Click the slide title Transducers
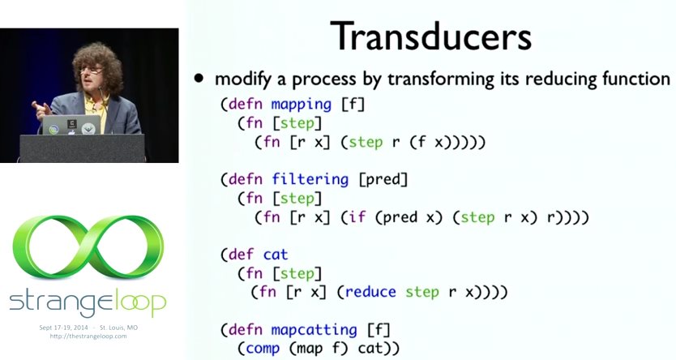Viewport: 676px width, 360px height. pos(430,36)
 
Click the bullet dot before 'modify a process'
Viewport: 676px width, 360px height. pos(199,79)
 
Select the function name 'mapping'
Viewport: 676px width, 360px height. pos(302,105)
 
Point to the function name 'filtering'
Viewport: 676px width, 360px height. pos(310,180)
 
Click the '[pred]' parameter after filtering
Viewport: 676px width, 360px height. pos(383,180)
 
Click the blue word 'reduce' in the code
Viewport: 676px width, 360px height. pos(370,292)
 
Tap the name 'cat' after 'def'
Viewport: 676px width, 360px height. pos(276,255)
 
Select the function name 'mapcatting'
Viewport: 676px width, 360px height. pos(314,330)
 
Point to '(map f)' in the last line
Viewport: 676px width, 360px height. pos(319,348)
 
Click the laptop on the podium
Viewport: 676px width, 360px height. pos(71,125)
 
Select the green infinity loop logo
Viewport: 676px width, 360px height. pos(88,247)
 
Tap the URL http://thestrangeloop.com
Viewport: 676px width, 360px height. pos(88,336)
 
